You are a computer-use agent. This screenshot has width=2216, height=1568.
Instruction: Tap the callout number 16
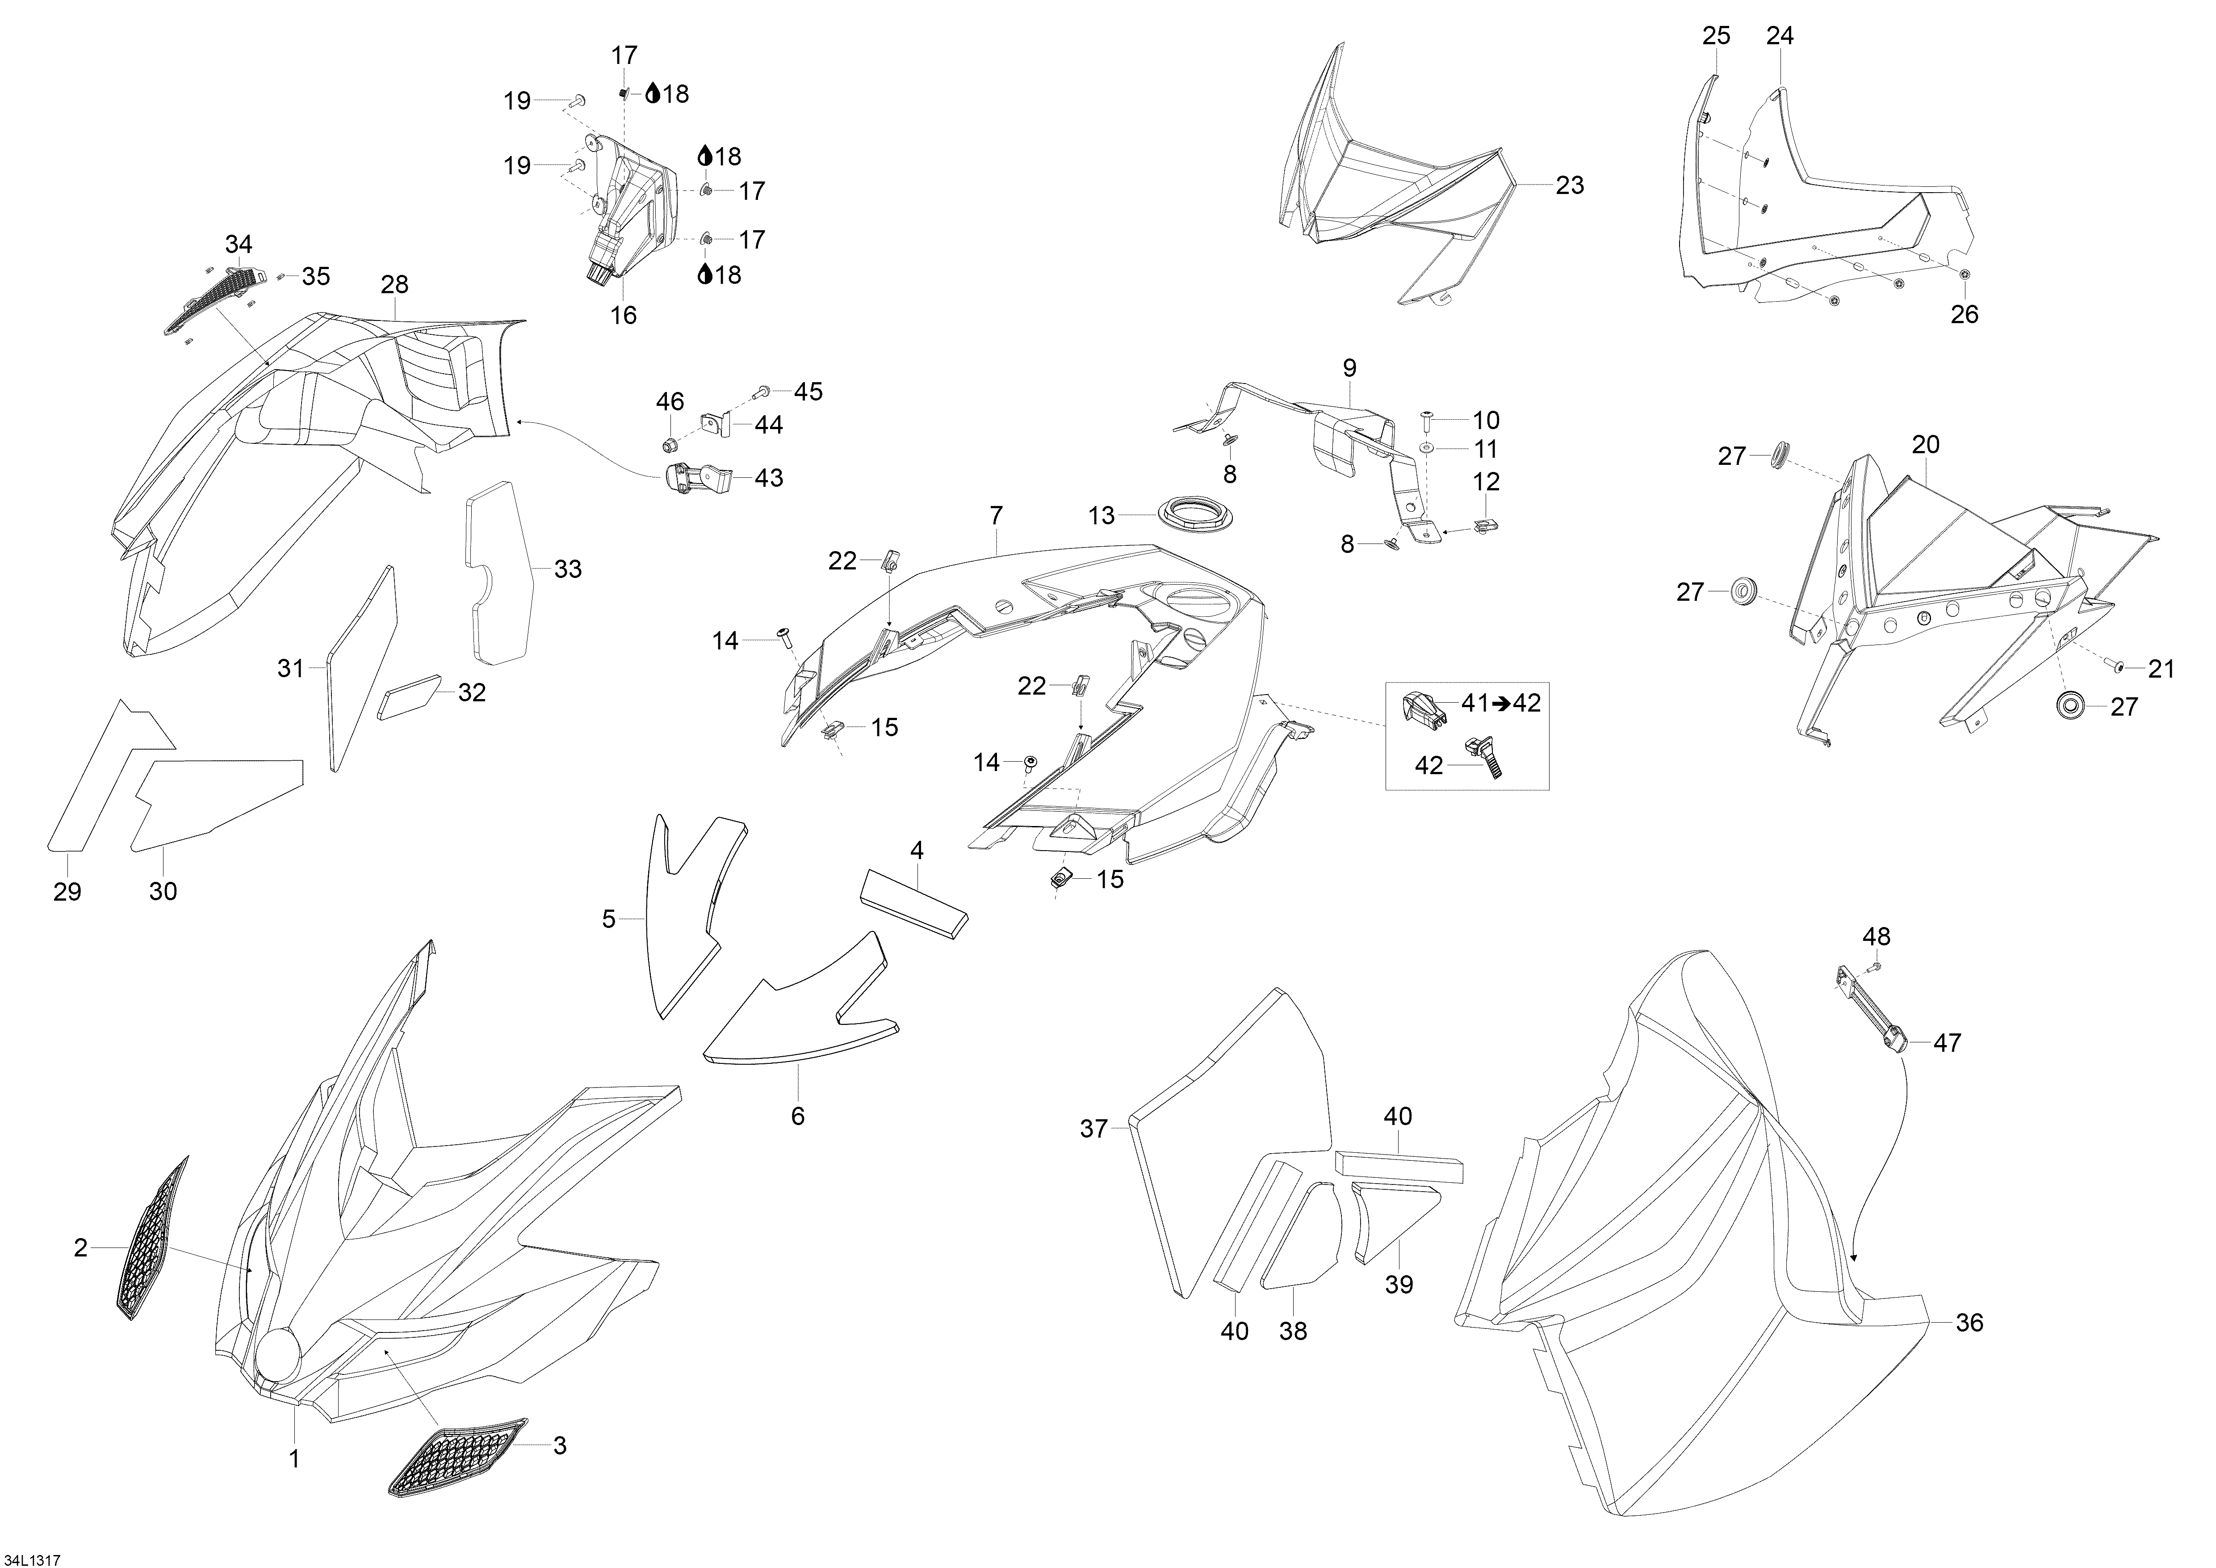pos(624,315)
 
